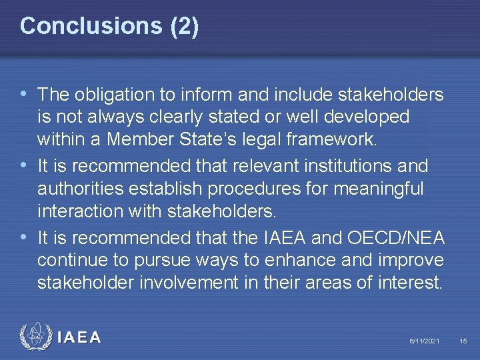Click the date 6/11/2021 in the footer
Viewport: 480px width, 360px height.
[x=424, y=341]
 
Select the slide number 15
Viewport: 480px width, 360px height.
[x=463, y=341]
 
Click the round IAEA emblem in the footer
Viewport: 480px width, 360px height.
[x=34, y=337]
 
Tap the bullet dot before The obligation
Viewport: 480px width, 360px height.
[x=25, y=95]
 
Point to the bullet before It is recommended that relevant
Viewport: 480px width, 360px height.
[x=25, y=164]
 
